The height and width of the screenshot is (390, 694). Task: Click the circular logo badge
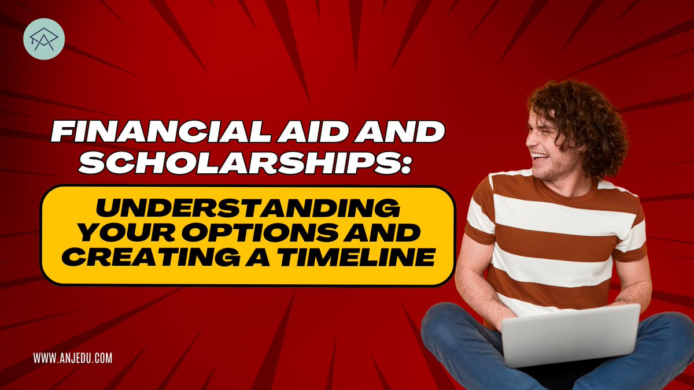pyautogui.click(x=44, y=39)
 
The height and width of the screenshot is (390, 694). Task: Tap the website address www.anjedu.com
pyautogui.click(x=72, y=358)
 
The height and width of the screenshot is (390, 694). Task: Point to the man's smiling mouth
pyautogui.click(x=541, y=157)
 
